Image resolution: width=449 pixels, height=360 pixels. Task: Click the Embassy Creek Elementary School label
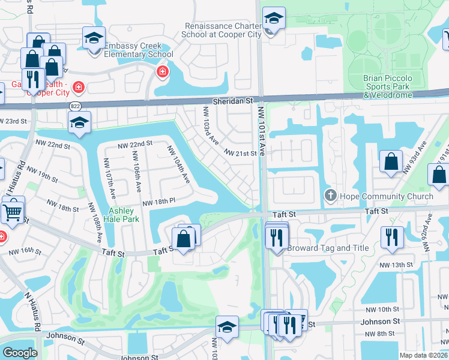pyautogui.click(x=139, y=50)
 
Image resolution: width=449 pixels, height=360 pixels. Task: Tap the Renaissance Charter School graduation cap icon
pyautogui.click(x=274, y=19)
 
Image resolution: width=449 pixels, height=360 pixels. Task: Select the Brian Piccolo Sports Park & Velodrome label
pyautogui.click(x=396, y=86)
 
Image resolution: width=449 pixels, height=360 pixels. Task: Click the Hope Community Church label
pyautogui.click(x=386, y=196)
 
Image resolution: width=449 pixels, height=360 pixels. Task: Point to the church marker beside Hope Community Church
pyautogui.click(x=330, y=196)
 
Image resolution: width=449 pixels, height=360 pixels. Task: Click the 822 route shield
pyautogui.click(x=75, y=106)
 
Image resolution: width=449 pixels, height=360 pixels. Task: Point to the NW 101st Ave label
pyautogui.click(x=261, y=129)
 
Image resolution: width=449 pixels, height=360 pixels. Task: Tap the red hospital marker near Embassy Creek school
pyautogui.click(x=161, y=73)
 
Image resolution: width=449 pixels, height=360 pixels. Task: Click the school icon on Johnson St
pyautogui.click(x=227, y=328)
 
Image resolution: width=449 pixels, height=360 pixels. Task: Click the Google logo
pyautogui.click(x=20, y=353)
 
